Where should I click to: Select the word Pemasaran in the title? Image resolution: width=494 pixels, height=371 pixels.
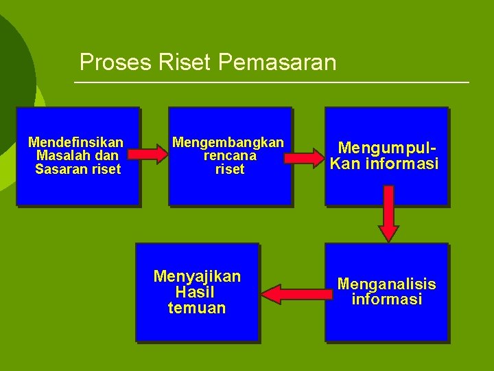coord(277,63)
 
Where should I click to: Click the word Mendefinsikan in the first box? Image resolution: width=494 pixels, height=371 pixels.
coord(76,142)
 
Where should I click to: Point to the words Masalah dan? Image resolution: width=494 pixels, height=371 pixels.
coord(76,155)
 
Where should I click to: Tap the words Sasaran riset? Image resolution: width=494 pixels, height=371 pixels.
coord(78,168)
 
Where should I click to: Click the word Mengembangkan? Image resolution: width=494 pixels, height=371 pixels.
coord(228,142)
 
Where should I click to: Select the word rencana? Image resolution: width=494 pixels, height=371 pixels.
coord(230,155)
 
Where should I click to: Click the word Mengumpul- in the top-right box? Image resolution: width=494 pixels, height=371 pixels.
coord(387,148)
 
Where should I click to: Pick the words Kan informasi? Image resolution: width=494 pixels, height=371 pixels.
coord(384,164)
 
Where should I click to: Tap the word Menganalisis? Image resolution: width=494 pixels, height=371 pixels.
coord(386,284)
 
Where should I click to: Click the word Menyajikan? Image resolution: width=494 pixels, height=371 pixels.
coord(197,276)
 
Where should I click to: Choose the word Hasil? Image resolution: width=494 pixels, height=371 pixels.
coord(196,292)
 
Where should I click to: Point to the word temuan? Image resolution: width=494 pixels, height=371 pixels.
coord(197,308)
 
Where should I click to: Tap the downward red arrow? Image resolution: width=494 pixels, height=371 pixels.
coord(389,214)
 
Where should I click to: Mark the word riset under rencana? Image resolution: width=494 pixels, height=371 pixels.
coord(230,169)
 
